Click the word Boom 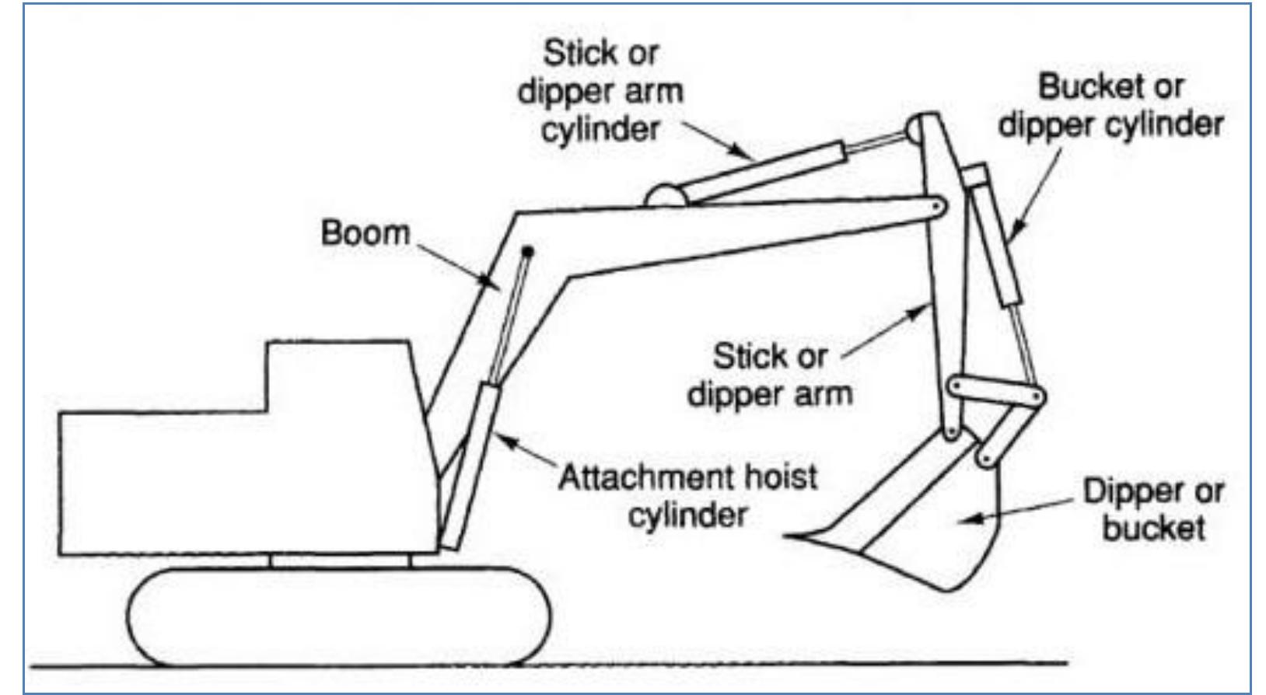[365, 232]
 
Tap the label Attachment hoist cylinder [687, 496]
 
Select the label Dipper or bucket [1153, 510]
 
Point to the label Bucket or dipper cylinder [1110, 106]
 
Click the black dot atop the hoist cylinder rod [528, 251]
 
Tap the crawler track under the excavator [339, 616]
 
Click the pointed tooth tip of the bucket [785, 535]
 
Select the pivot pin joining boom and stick [936, 207]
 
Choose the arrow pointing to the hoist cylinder [526, 451]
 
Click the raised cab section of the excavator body [338, 375]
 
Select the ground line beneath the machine [548, 665]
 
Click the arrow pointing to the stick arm [885, 333]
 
